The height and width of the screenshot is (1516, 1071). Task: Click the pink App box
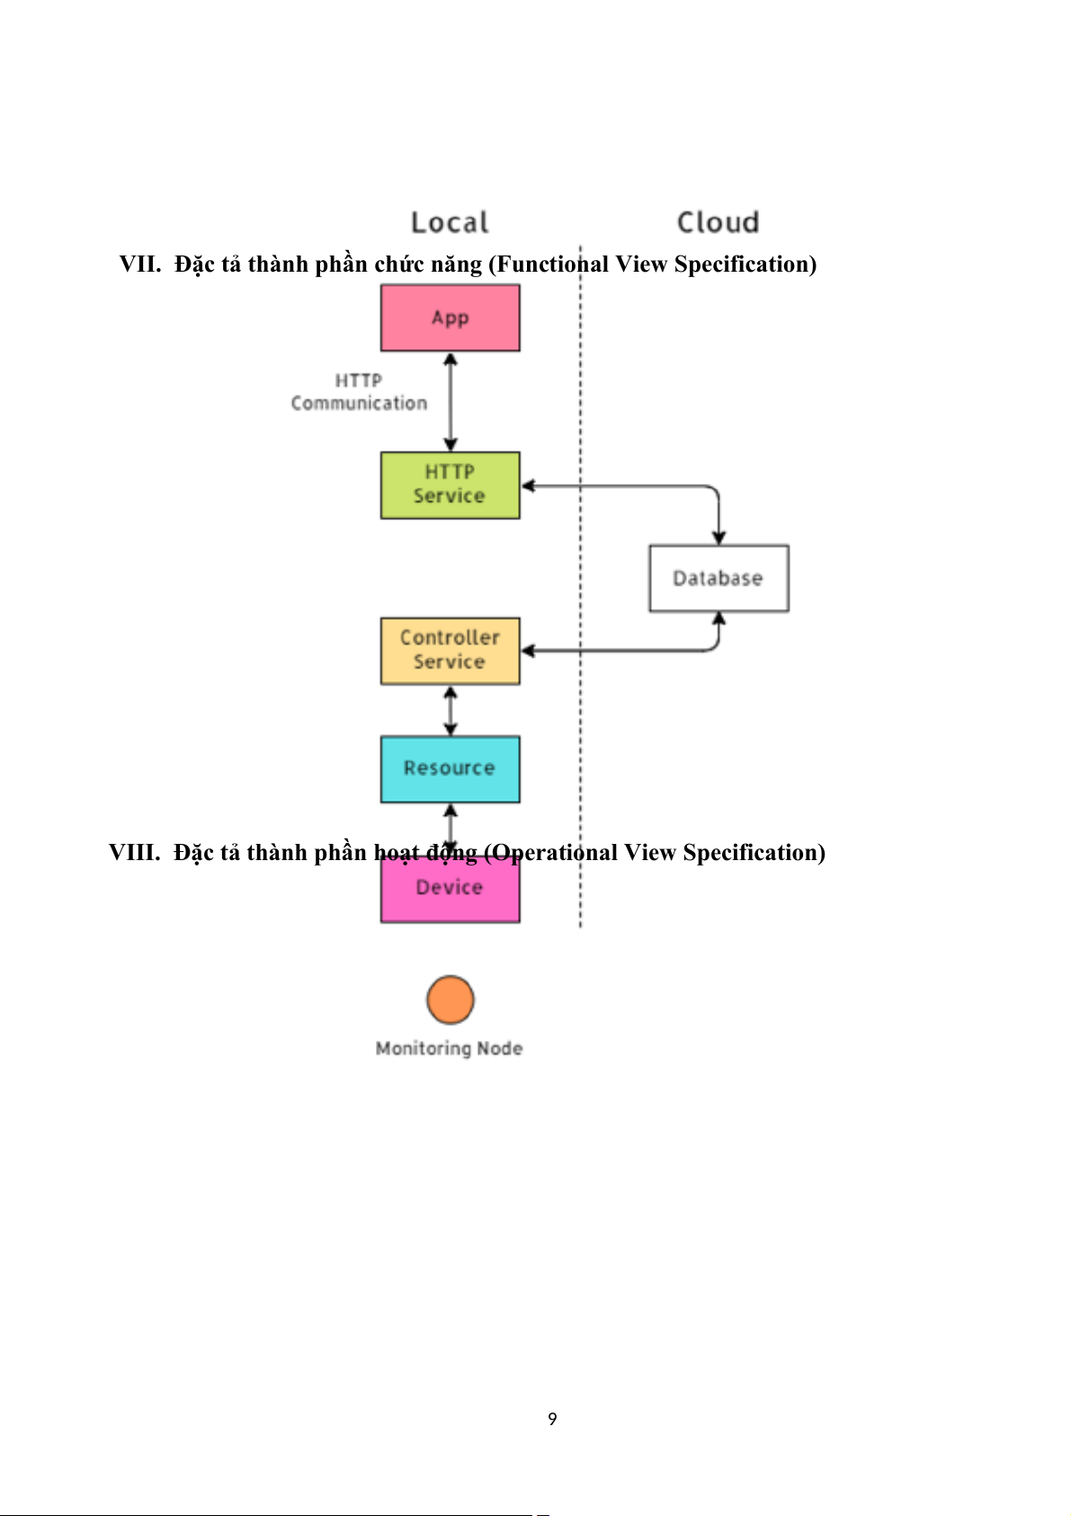[x=450, y=318]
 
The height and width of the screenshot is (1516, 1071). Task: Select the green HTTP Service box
[x=450, y=485]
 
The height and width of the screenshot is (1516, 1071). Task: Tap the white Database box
[x=718, y=579]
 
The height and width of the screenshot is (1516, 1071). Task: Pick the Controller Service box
[x=450, y=650]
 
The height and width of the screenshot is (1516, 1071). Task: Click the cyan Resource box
[x=450, y=769]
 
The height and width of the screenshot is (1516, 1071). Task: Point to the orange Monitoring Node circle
[x=450, y=1000]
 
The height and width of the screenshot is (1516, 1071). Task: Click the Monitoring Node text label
[x=449, y=1048]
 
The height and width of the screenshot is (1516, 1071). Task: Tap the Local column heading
[x=450, y=222]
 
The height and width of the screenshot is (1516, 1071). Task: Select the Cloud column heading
[x=718, y=222]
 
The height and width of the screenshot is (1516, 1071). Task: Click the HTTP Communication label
[x=359, y=392]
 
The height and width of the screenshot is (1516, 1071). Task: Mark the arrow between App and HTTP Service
[x=451, y=401]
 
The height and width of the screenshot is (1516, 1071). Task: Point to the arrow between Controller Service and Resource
[x=451, y=711]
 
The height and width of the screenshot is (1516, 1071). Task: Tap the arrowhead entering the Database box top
[x=718, y=537]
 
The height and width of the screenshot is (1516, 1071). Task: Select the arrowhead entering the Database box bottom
[x=718, y=619]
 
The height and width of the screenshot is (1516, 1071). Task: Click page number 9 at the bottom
[x=552, y=1419]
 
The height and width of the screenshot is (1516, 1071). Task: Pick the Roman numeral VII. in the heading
[x=140, y=265]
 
